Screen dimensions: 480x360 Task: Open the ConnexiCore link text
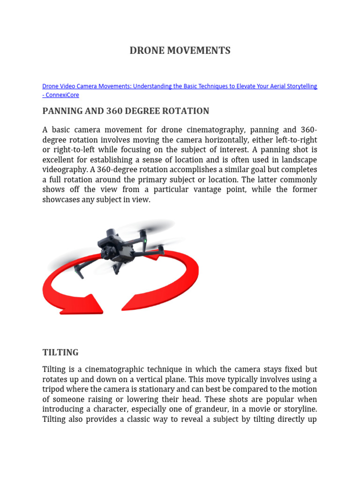(x=62, y=95)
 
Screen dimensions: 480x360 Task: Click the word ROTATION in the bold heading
(x=186, y=111)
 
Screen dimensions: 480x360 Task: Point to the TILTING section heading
(x=60, y=352)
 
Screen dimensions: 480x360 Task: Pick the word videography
(x=63, y=170)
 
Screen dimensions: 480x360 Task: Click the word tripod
(x=53, y=390)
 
